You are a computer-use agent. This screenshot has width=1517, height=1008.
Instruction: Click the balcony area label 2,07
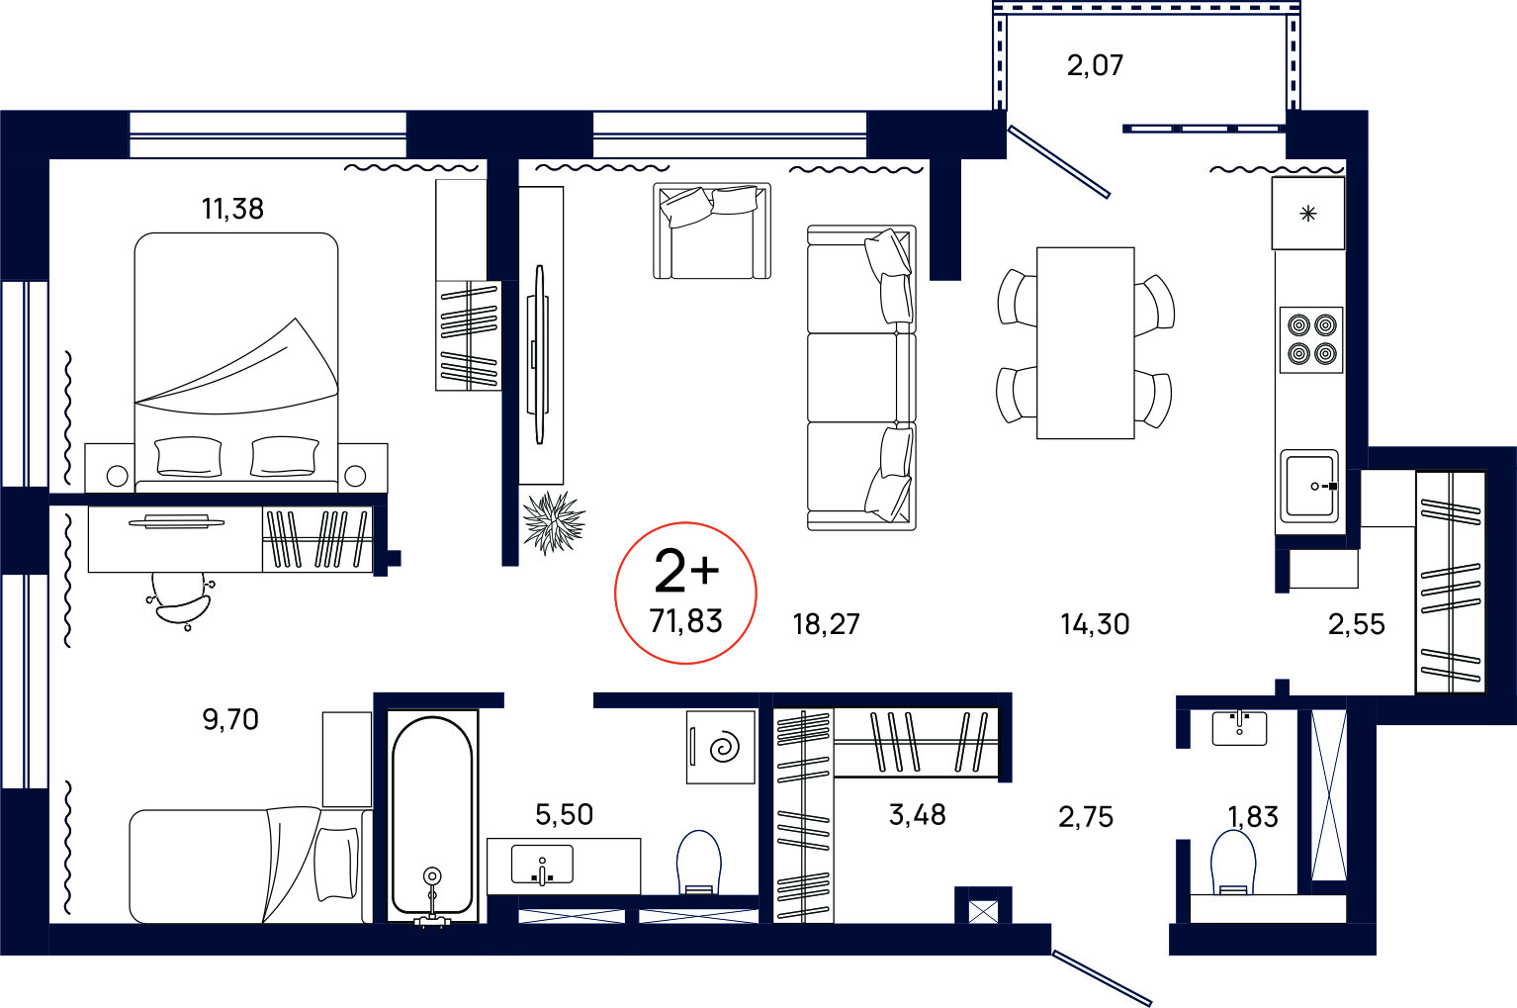click(1095, 65)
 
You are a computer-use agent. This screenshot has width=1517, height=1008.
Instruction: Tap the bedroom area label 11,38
click(232, 210)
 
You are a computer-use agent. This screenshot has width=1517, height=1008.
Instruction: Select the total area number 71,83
click(685, 621)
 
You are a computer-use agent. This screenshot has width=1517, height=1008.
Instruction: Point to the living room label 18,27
click(826, 624)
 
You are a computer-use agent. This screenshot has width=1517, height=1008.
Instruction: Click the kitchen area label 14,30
click(1095, 624)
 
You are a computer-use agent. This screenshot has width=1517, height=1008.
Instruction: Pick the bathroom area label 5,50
click(564, 814)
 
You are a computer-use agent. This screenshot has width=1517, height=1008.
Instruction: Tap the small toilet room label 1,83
click(1253, 817)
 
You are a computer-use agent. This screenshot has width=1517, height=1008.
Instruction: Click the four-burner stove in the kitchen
click(1311, 340)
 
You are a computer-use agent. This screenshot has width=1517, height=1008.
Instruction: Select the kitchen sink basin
click(1309, 486)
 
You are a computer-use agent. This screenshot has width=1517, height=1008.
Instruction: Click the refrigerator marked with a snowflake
click(1307, 214)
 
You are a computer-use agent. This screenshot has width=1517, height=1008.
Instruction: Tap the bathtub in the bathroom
click(432, 816)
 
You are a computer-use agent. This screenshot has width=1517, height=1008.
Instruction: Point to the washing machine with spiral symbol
click(721, 747)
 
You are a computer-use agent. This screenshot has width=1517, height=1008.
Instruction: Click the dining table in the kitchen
click(1085, 343)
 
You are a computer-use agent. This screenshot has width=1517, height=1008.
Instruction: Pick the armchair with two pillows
click(712, 231)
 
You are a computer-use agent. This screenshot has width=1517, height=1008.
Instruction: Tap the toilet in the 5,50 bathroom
click(699, 863)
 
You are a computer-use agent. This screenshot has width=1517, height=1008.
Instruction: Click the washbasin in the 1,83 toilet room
click(1239, 727)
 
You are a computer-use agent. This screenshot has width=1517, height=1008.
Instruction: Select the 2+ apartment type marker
click(685, 571)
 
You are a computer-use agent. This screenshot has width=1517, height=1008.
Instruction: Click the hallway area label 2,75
click(1086, 817)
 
